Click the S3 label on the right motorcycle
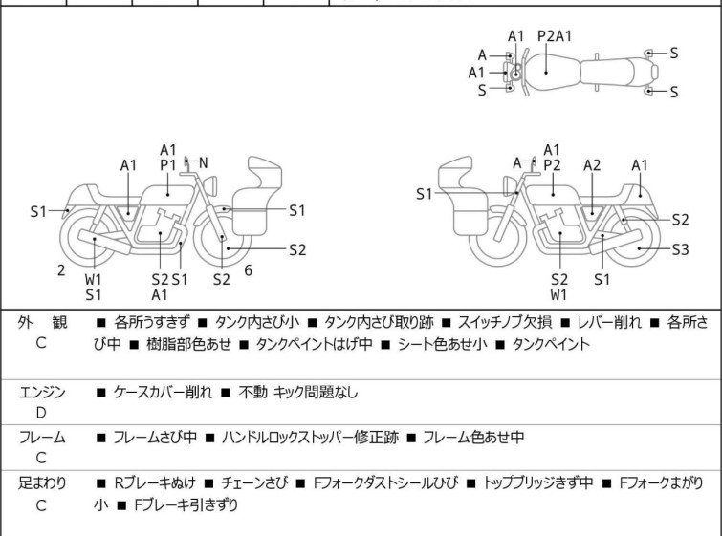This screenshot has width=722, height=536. point(680,249)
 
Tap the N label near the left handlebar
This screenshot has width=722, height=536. point(203,163)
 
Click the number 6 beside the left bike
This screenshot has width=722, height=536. point(248,270)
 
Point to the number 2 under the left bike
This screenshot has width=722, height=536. point(61,270)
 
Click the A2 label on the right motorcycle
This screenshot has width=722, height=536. point(593,165)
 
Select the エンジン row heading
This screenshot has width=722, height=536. point(42,391)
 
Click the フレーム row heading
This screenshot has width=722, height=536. point(42,437)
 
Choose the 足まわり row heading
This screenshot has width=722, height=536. point(42,482)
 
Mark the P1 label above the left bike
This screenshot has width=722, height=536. point(168,164)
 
